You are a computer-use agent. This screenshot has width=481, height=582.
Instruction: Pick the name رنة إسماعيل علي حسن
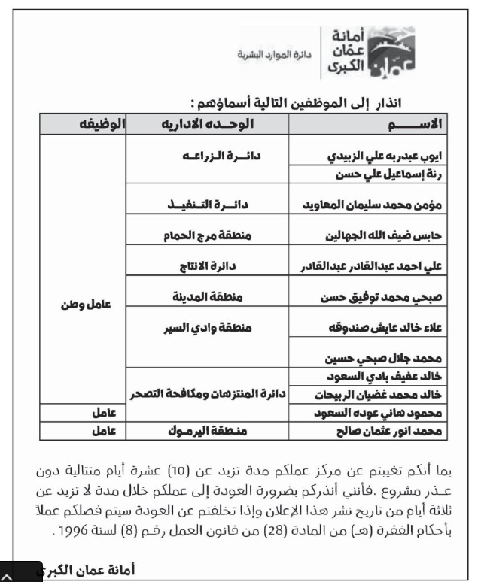click(384, 175)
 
